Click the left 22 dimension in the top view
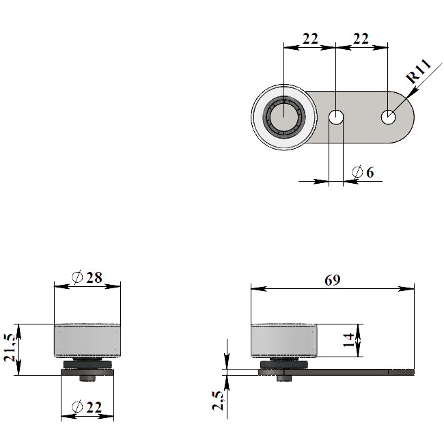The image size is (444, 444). coord(310,39)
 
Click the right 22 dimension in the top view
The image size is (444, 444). coord(361,39)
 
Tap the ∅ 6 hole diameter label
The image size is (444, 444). coord(363,172)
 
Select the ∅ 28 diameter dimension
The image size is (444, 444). coord(87,277)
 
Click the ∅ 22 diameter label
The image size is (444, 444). coord(87,408)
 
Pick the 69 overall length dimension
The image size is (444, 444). coord(332,280)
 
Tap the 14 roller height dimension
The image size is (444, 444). coord(349,339)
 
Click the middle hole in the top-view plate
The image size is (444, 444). coord(336,117)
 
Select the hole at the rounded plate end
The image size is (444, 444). coord(388,117)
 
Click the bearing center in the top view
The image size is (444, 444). coord(283,117)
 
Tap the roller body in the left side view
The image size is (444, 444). coord(87,340)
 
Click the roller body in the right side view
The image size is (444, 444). coord(284,340)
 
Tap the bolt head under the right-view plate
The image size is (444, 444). coord(284,377)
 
